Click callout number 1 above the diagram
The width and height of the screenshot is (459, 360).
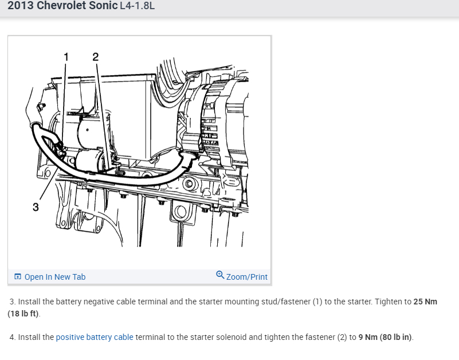pyautogui.click(x=66, y=57)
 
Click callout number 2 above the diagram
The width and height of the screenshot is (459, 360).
pyautogui.click(x=95, y=57)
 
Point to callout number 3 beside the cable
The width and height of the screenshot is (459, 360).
pyautogui.click(x=36, y=207)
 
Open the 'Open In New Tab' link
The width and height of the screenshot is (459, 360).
pyautogui.click(x=54, y=277)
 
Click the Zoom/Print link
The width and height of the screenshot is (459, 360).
pyautogui.click(x=247, y=277)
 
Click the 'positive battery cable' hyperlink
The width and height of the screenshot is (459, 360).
pyautogui.click(x=95, y=337)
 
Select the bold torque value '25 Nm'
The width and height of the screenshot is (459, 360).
pyautogui.click(x=425, y=302)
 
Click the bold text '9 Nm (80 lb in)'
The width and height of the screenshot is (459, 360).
pyautogui.click(x=385, y=337)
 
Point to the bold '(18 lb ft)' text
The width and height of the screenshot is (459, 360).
pyautogui.click(x=23, y=314)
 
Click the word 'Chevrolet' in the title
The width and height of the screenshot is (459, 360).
pyautogui.click(x=64, y=6)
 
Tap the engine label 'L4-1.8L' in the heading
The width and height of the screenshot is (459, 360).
pyautogui.click(x=137, y=6)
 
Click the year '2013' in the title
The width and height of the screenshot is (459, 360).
pyautogui.click(x=21, y=6)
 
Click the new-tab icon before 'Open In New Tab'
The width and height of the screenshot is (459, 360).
pyautogui.click(x=18, y=277)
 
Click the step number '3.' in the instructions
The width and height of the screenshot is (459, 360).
pyautogui.click(x=13, y=302)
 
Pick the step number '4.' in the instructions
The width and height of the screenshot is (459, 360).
pyautogui.click(x=13, y=337)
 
